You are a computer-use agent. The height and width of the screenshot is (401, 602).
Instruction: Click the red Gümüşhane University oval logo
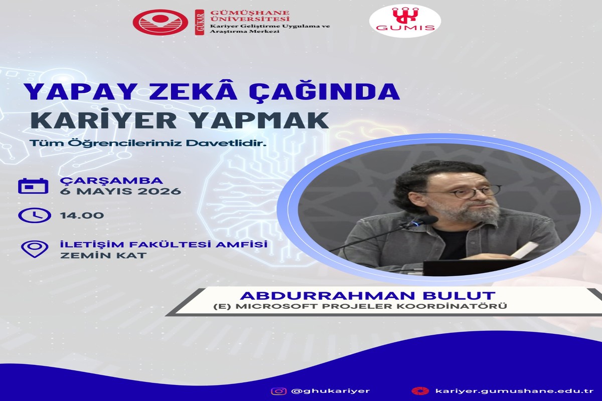(160, 22)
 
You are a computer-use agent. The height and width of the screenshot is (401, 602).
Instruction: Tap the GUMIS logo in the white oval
(405, 21)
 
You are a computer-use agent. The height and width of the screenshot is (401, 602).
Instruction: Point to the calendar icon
(33, 185)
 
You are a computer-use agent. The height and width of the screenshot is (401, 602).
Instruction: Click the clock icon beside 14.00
(34, 215)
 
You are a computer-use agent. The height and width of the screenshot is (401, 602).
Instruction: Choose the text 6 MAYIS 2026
(120, 191)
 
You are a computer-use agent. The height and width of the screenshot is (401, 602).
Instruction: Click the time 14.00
(82, 216)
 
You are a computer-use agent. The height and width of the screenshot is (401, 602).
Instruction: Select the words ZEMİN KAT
(103, 255)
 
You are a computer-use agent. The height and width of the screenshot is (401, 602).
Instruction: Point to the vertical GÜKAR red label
(200, 22)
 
